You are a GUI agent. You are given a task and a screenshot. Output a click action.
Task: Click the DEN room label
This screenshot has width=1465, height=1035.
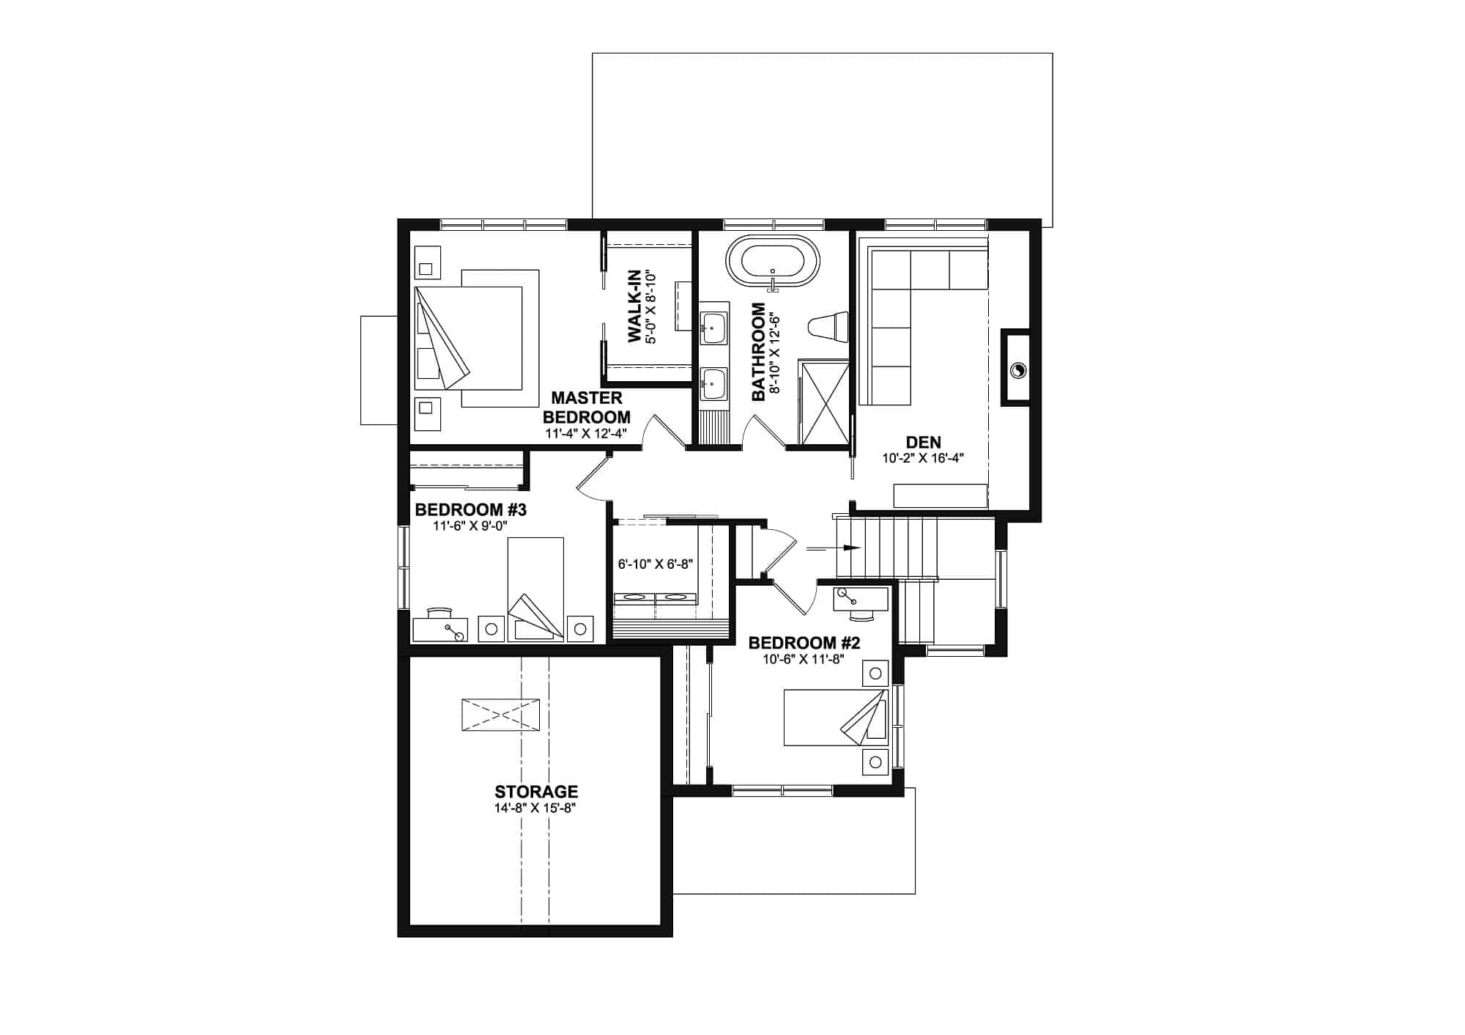tap(923, 442)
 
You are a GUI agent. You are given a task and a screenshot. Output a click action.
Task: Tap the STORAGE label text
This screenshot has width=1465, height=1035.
tap(536, 792)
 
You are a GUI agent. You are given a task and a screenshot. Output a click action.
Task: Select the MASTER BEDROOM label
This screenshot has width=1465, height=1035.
tap(586, 408)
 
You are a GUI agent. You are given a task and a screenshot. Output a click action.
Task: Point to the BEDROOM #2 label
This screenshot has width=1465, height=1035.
tap(804, 643)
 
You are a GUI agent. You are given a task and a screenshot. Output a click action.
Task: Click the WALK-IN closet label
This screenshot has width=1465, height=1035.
tap(634, 306)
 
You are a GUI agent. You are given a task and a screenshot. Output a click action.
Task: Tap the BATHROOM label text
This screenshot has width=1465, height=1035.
tap(758, 352)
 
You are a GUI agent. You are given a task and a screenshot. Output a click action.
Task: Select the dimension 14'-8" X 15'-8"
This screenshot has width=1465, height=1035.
tap(536, 809)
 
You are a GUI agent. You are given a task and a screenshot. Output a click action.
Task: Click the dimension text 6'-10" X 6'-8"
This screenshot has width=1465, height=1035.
tap(656, 564)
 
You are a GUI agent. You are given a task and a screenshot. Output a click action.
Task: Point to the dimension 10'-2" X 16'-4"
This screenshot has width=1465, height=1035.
tap(923, 459)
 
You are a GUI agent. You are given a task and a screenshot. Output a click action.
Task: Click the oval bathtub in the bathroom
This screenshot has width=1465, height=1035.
tap(773, 262)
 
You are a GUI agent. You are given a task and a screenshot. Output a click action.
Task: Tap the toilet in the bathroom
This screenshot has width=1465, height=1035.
tap(828, 327)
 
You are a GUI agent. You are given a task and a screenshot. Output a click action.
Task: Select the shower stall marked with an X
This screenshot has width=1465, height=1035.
tap(823, 402)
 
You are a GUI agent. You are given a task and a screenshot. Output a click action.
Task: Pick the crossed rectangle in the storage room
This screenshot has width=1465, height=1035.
tap(501, 714)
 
